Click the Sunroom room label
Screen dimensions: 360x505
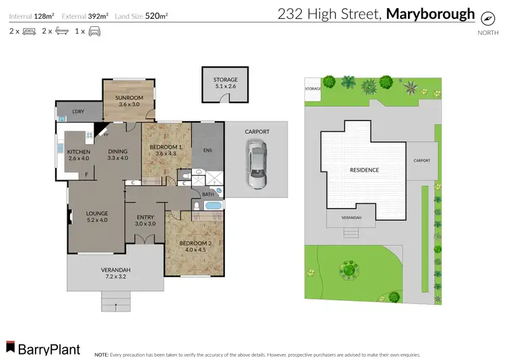click(x=128, y=100)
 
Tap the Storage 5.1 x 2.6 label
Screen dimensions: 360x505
click(x=221, y=83)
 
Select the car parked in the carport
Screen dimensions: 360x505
click(x=256, y=166)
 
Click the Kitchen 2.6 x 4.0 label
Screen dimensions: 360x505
click(x=79, y=155)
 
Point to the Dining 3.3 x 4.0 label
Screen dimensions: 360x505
click(x=117, y=155)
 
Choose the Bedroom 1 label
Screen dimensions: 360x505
click(x=165, y=150)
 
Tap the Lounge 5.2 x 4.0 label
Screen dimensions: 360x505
click(x=97, y=217)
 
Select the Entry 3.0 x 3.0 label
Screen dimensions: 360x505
click(x=145, y=220)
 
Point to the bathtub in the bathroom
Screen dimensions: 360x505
click(x=213, y=206)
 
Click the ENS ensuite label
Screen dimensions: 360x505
click(x=207, y=150)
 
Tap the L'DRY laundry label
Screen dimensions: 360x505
click(x=79, y=111)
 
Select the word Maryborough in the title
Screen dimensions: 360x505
click(x=431, y=13)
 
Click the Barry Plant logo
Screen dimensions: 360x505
click(x=43, y=349)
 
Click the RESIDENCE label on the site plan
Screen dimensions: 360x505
click(x=364, y=170)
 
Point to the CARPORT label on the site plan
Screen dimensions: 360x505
click(x=422, y=161)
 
